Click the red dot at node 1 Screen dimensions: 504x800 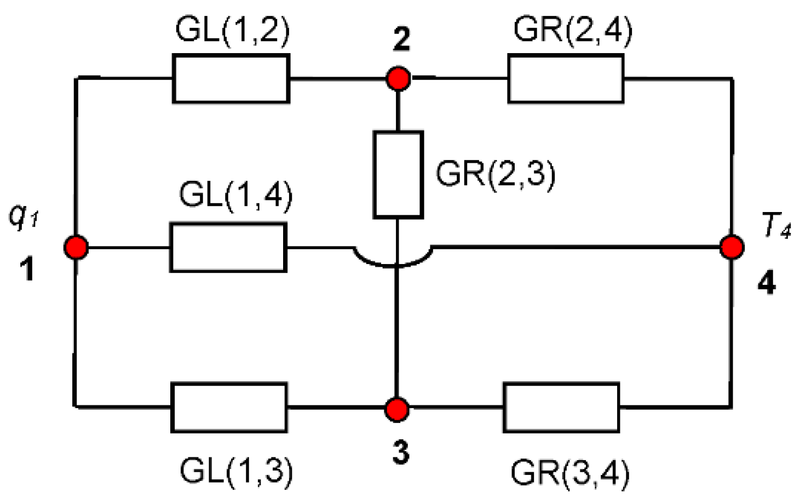point(76,248)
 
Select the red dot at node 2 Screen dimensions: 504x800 point(398,79)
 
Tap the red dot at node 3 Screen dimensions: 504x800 point(396,409)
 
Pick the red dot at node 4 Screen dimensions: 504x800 point(732,247)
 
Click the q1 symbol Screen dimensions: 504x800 point(23,216)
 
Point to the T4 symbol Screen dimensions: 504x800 point(776,225)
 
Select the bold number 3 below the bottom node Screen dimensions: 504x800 point(401,453)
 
